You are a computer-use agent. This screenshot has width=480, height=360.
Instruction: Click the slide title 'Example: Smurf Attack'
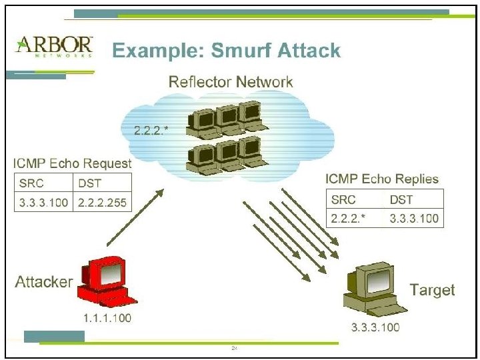(225, 50)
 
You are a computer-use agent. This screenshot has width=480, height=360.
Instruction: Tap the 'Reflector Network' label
(231, 82)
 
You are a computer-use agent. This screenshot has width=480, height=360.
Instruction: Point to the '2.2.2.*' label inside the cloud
(151, 130)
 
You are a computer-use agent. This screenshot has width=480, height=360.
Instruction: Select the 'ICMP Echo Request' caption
(73, 163)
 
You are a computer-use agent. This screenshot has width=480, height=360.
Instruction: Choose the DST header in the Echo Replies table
(402, 199)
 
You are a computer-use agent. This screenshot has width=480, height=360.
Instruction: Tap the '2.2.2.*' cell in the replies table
(349, 218)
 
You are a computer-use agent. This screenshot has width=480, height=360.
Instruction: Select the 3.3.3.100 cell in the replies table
(413, 218)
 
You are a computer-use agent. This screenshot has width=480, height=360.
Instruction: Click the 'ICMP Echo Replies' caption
(382, 179)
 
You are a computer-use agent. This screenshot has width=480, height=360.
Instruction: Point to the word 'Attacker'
(43, 281)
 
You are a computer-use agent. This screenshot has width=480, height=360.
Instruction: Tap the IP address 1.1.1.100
(107, 317)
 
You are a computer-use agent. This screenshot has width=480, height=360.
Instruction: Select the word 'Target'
(432, 289)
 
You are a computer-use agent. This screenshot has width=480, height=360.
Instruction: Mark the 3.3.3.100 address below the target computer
(375, 327)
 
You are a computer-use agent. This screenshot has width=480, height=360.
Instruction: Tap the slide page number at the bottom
(235, 348)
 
